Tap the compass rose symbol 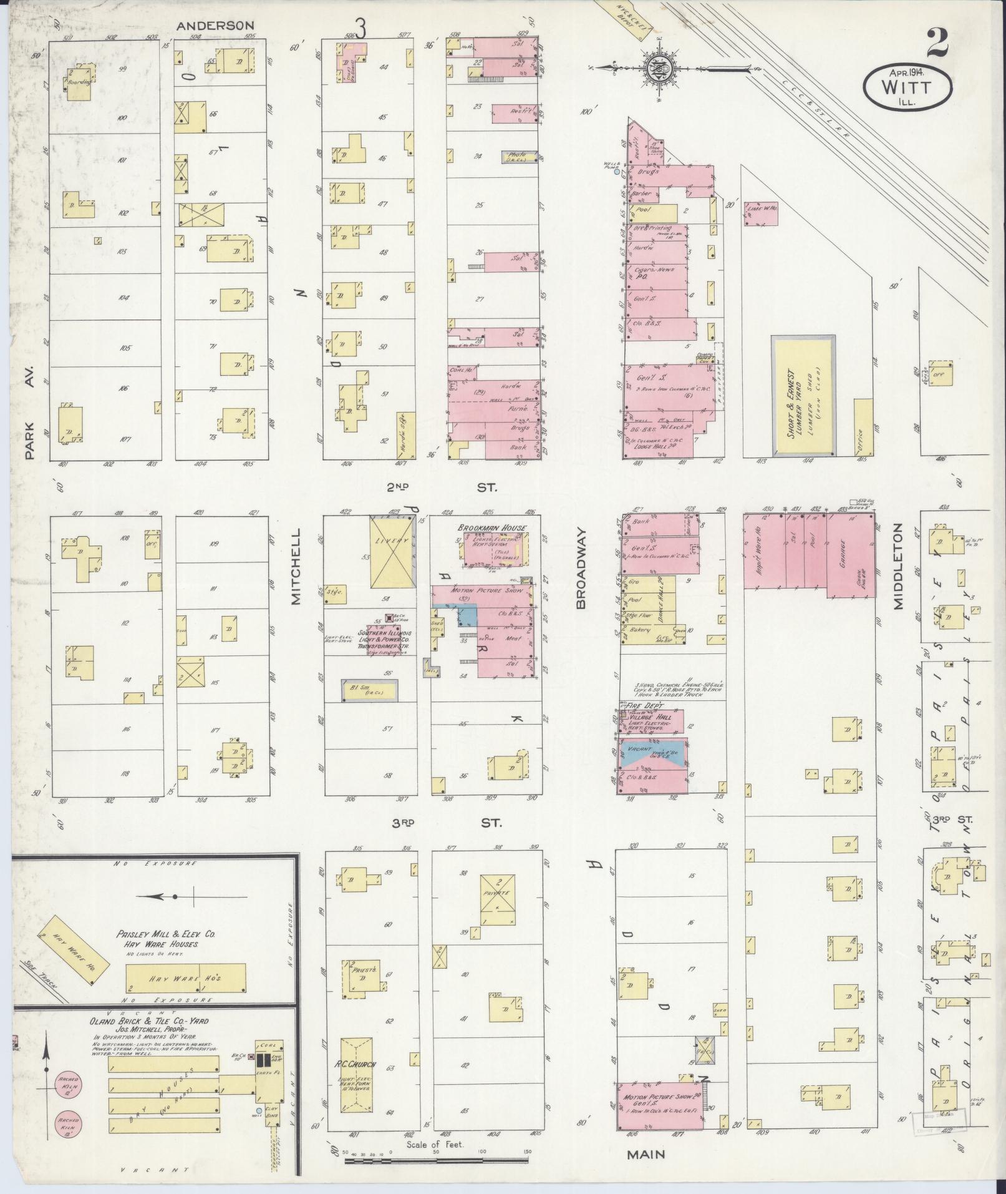[x=659, y=67]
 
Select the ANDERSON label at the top [x=215, y=26]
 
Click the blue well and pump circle [x=617, y=172]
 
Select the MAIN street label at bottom [x=646, y=1154]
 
